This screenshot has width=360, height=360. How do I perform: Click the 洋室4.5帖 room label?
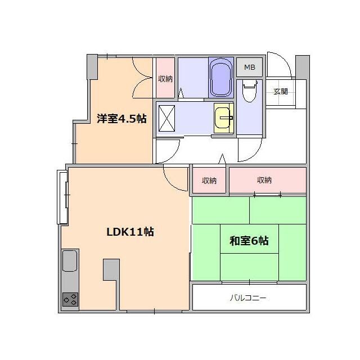pos(121,119)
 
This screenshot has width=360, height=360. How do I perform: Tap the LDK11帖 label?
pos(131,231)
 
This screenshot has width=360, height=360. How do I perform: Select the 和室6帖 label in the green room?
pos(249,241)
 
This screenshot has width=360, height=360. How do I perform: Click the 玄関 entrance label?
pos(280,91)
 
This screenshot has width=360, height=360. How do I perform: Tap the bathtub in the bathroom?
pos(220,79)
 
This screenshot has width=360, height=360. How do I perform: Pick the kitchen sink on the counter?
pos(70,262)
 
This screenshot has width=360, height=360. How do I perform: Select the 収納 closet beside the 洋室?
pos(165,78)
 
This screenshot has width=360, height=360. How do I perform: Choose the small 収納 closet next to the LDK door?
pos(209,181)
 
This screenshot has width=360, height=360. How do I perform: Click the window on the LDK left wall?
pos(62,197)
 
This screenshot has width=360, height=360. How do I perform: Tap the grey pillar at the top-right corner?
pos(302,67)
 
